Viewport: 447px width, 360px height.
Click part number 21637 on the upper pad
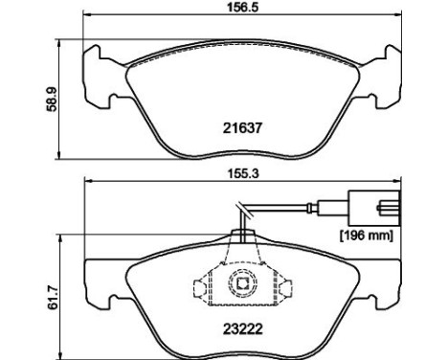click(x=243, y=126)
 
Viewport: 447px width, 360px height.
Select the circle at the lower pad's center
click(x=242, y=283)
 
